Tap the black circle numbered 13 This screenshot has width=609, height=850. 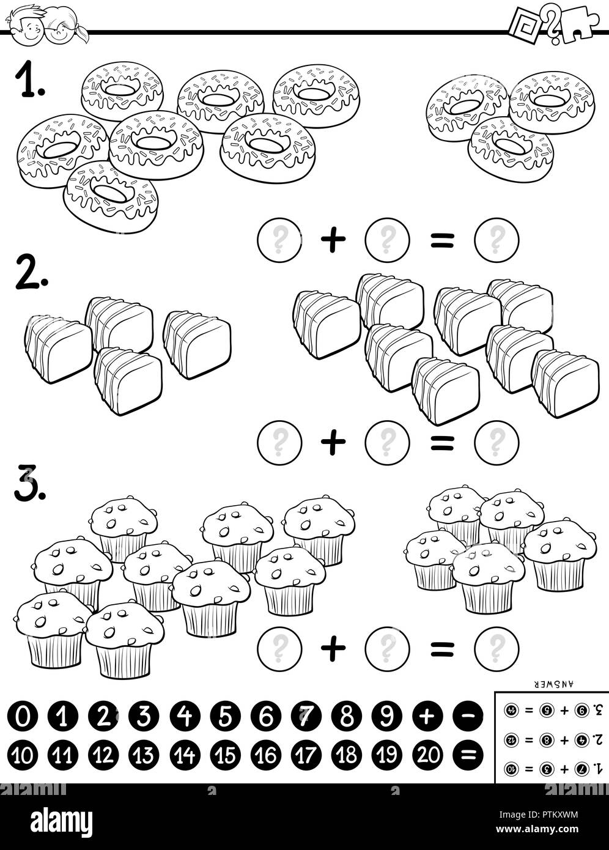[x=144, y=755]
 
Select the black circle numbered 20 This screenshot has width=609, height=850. [x=427, y=755]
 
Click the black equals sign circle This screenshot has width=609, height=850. [x=468, y=755]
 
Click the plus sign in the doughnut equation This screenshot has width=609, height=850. [x=333, y=240]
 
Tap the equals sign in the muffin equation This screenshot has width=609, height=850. [x=441, y=648]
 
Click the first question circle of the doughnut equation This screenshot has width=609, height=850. [x=280, y=240]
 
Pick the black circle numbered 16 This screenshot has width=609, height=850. [x=265, y=755]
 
